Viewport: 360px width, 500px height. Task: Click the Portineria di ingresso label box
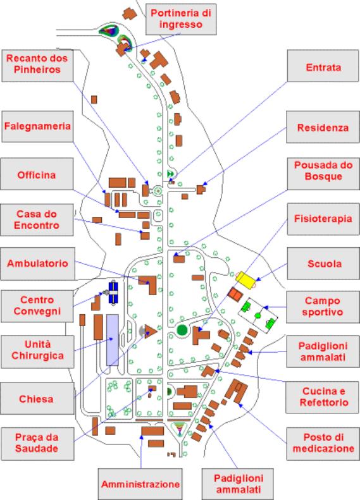(x=181, y=19)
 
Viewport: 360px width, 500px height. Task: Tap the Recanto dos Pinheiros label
(x=37, y=65)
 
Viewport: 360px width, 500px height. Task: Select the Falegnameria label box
(x=37, y=126)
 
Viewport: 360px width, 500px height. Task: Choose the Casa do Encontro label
(x=37, y=220)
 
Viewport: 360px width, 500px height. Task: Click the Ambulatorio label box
(x=38, y=264)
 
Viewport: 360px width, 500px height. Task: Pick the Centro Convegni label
(x=37, y=306)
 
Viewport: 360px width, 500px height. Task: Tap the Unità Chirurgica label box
(x=37, y=351)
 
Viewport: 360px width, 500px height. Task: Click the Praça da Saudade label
(x=37, y=444)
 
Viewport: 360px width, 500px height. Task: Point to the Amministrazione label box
(x=140, y=484)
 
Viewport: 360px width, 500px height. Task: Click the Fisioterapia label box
(x=323, y=219)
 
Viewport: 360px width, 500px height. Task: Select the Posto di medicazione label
(x=323, y=444)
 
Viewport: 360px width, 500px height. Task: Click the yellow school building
(x=245, y=281)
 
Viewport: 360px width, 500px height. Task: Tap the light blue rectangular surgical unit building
(x=113, y=340)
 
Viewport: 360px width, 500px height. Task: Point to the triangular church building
(x=151, y=331)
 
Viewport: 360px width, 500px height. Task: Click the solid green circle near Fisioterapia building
(x=182, y=330)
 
